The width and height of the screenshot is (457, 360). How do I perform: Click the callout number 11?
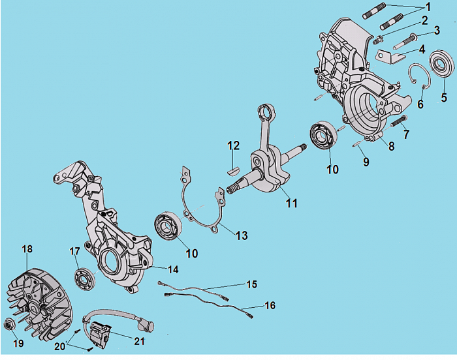click(x=292, y=203)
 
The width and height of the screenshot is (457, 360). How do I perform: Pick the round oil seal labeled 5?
click(x=443, y=67)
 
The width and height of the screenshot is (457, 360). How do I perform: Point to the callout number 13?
click(x=242, y=235)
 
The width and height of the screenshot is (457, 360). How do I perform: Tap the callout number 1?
click(x=428, y=6)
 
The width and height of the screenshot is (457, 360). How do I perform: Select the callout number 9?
click(x=366, y=161)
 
